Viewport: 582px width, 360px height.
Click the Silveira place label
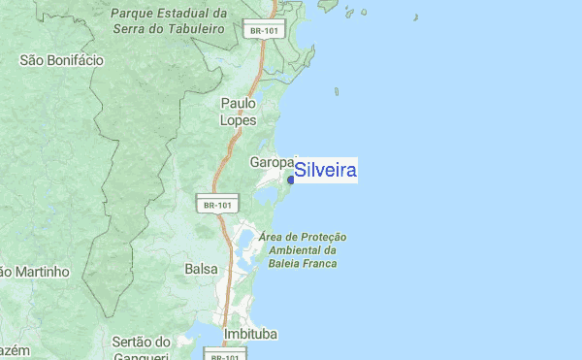pos(326,172)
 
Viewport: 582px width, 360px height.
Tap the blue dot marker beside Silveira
pos(291,179)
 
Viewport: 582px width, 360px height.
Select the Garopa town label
pos(272,162)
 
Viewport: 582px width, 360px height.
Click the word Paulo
pos(239,103)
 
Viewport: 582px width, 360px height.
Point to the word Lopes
pos(239,120)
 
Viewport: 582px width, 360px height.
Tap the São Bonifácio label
pos(61,60)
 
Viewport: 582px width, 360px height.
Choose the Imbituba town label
pos(250,334)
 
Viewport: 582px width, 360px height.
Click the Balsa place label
pos(201,268)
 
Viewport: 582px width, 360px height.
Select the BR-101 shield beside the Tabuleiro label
pos(264,30)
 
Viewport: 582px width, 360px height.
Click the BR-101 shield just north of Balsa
pos(216,205)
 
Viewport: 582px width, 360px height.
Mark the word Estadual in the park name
pos(192,15)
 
